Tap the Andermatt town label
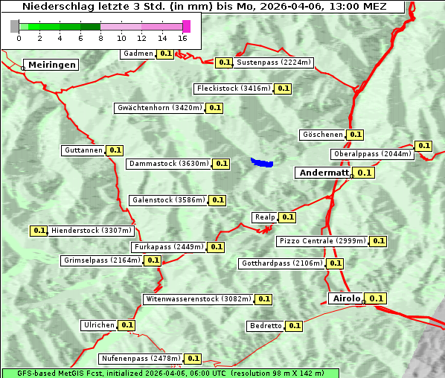[x=324, y=173]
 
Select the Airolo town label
[x=346, y=298]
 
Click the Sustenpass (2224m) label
[x=274, y=63]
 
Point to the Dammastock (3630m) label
[x=169, y=164]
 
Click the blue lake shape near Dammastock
[x=262, y=162]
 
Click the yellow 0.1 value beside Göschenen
[x=355, y=135]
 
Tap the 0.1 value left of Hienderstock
[x=39, y=231]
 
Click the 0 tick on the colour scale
[x=19, y=38]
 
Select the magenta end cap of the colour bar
[x=186, y=26]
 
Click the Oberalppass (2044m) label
[x=372, y=154]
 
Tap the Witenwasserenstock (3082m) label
[x=198, y=299]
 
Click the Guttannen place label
[x=83, y=150]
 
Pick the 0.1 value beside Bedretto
[x=295, y=326]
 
